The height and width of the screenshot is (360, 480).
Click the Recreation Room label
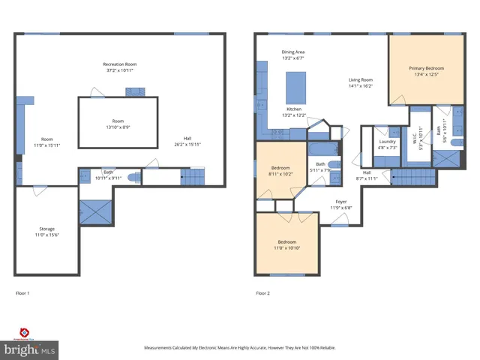(x=120, y=64)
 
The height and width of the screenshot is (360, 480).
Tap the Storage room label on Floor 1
(x=47, y=229)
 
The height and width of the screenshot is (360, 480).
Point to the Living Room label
(x=360, y=79)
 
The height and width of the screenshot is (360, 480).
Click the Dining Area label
(x=293, y=52)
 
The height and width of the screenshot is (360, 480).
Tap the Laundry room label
(x=387, y=141)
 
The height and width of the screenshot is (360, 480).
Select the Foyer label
(x=341, y=201)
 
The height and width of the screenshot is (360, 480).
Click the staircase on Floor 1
(x=193, y=178)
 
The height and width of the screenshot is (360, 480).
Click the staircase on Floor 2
(x=412, y=178)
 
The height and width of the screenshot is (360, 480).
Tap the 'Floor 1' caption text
(x=22, y=292)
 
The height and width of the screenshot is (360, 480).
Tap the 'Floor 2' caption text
(x=262, y=292)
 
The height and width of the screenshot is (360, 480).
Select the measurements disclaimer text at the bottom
(x=240, y=348)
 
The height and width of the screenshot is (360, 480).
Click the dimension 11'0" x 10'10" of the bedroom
(x=287, y=247)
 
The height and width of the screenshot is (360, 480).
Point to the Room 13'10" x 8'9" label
(x=118, y=124)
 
